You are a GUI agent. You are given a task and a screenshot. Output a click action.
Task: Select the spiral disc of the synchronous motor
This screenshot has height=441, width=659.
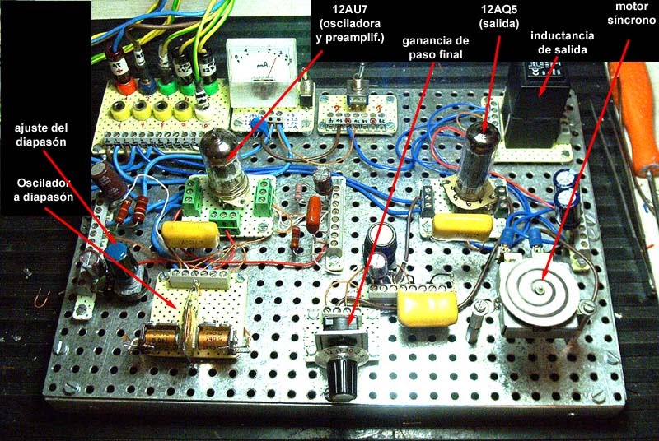click(539, 290)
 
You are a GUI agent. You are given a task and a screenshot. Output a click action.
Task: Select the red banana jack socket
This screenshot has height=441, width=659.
click(126, 83)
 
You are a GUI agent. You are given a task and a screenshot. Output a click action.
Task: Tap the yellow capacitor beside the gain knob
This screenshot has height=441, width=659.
click(427, 309)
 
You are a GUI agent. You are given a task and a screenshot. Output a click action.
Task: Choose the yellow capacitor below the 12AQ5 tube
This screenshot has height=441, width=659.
click(460, 225)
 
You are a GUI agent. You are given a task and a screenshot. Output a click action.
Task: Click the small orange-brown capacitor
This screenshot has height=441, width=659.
click(314, 215)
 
